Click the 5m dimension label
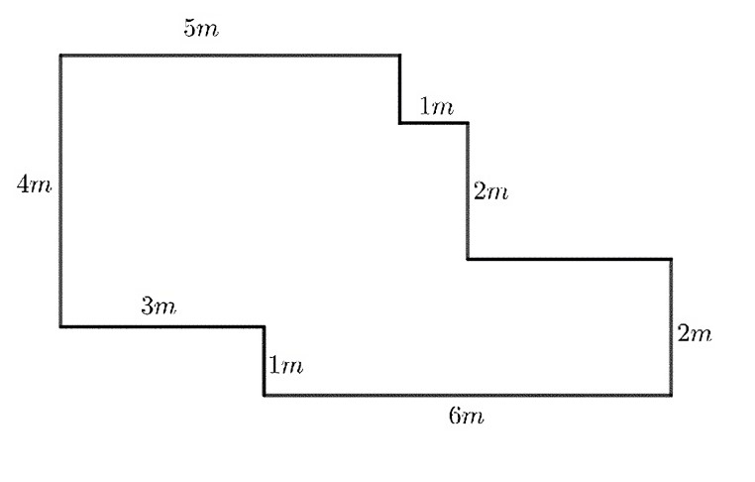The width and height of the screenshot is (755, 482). click(201, 28)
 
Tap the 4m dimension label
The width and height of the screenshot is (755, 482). click(33, 184)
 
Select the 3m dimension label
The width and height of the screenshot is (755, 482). click(159, 306)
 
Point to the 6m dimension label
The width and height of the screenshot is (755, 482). click(467, 416)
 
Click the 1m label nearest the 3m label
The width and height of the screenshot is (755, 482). click(285, 366)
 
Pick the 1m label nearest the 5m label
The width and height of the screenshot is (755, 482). click(436, 106)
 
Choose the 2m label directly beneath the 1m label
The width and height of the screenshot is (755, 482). click(490, 191)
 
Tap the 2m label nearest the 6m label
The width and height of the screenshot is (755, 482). click(695, 334)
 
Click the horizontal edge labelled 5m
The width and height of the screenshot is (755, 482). click(230, 56)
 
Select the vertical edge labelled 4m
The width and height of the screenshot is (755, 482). click(60, 190)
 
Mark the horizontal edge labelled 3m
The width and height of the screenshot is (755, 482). click(162, 326)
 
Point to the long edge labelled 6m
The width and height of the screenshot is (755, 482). click(467, 395)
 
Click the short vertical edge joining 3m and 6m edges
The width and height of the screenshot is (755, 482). click(264, 360)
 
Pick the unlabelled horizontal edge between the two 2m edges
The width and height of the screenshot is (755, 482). click(569, 260)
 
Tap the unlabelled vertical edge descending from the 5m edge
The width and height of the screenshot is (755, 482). click(400, 89)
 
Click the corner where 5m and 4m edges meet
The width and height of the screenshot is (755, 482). click(60, 56)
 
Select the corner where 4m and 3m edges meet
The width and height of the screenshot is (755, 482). click(60, 326)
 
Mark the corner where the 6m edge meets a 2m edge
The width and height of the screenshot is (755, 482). click(672, 395)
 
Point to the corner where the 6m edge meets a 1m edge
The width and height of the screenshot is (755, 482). click(264, 395)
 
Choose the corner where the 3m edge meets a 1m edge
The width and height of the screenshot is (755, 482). click(264, 326)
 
